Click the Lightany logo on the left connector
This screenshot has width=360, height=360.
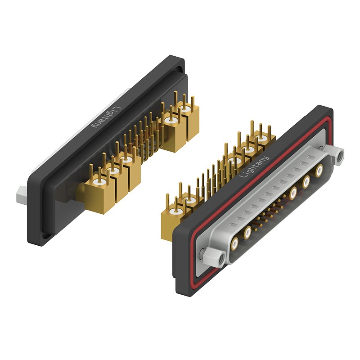point(106,117)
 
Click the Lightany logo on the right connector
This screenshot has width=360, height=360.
point(254,166)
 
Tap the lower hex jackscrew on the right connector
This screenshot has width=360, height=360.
point(215,257)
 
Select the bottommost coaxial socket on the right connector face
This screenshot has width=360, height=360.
point(234,244)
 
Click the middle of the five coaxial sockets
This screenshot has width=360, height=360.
point(293,193)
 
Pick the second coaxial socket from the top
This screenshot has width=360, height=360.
point(306,182)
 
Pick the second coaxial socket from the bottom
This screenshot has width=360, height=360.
point(247,233)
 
